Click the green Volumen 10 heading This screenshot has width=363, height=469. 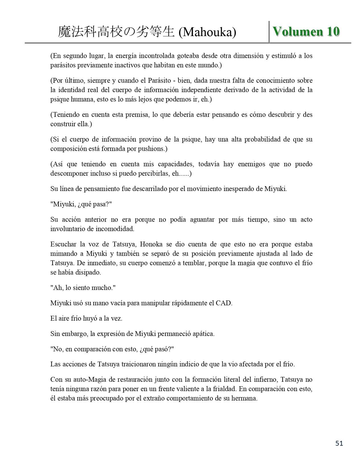point(306,32)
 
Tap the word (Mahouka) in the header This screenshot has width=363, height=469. point(207,32)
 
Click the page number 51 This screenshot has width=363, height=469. point(339,443)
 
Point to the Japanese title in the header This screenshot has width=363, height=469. point(116,32)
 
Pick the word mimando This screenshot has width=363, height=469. point(63,254)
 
